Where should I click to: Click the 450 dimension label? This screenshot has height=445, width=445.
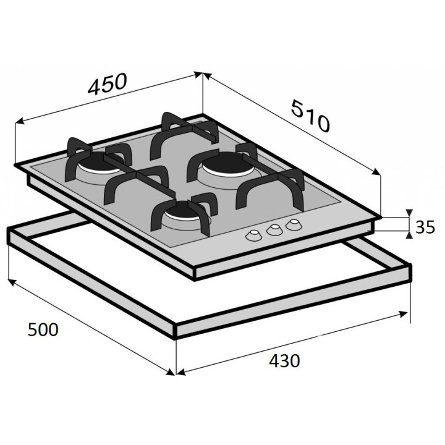108,83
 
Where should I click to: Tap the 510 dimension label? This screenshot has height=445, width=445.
311,116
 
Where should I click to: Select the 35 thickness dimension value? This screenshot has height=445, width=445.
425,227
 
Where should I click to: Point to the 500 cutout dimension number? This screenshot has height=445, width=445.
43,329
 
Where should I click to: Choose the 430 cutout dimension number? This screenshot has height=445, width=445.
284,361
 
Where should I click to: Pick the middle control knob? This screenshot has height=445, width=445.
274,229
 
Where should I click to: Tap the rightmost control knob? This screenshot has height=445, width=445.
294,224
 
